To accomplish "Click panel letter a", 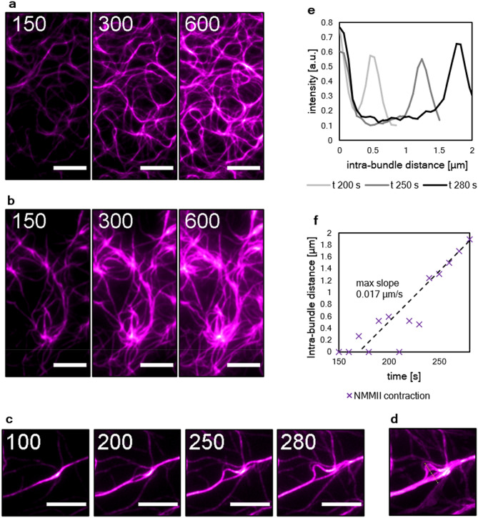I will point(6,6).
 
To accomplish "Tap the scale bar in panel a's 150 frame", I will point(69,169).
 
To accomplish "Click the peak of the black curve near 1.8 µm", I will point(458,44).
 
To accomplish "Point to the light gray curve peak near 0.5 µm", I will point(370,55).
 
